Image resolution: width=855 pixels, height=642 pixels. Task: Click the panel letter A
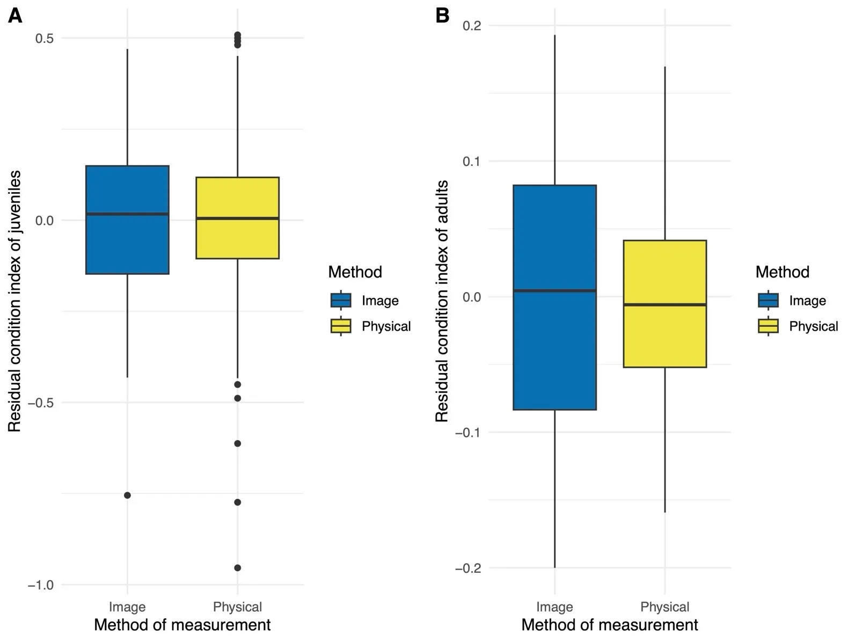15,16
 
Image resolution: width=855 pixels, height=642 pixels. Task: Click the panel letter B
442,16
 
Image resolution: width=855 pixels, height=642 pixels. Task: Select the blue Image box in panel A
127,242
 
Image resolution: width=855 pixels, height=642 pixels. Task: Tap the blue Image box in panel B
554,349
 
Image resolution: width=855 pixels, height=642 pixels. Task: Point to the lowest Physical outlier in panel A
237,567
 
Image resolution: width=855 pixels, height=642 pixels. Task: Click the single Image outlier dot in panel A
127,495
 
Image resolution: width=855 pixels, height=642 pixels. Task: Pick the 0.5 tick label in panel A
44,38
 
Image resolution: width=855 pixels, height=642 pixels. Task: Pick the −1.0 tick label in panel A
41,585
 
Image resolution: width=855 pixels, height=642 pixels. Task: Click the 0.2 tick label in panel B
471,25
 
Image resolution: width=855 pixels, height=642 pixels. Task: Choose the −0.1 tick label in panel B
468,433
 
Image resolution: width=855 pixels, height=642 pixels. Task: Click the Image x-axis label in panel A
127,607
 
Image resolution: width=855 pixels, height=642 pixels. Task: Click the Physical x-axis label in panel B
664,607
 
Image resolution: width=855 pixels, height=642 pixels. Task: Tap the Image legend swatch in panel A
341,300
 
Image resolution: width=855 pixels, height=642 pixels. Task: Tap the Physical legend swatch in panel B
768,326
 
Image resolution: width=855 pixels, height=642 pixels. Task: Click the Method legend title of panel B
782,272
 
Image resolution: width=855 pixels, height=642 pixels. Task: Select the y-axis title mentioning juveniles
14,301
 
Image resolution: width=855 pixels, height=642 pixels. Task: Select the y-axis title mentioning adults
442,301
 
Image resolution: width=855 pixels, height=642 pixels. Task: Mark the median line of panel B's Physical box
664,304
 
